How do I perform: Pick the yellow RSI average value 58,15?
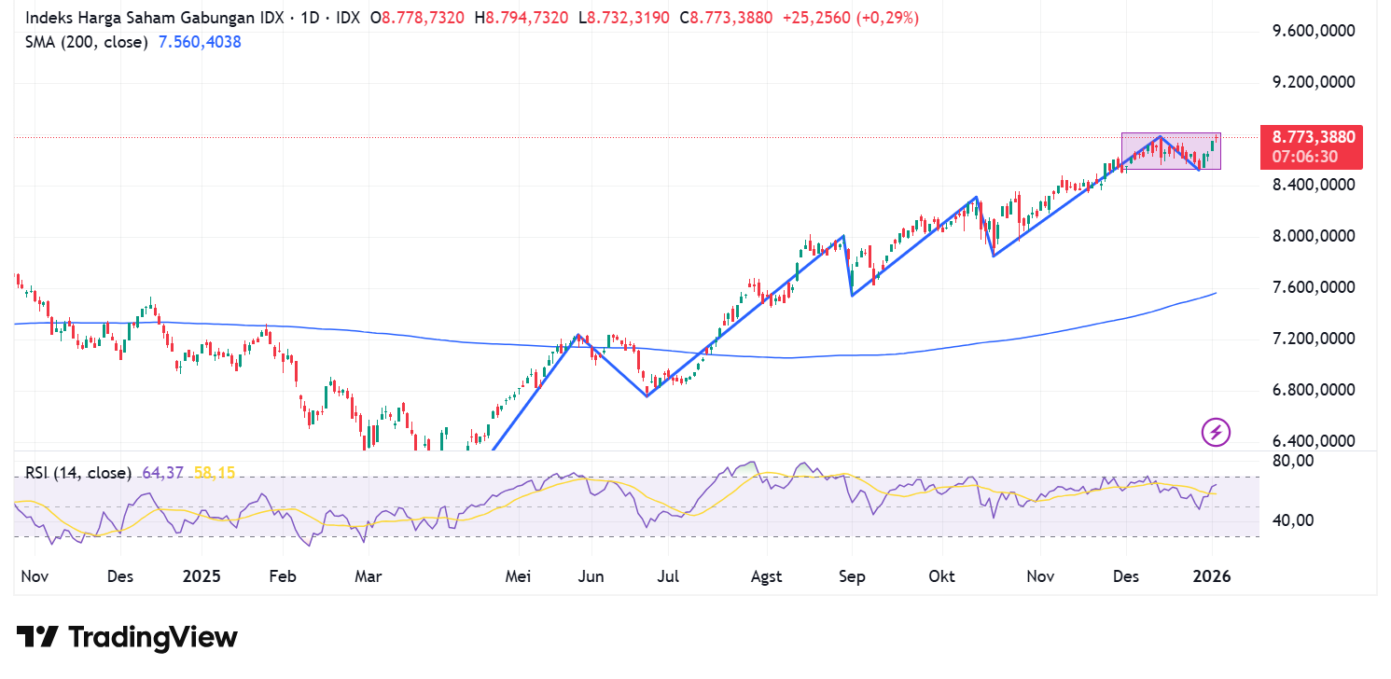pyautogui.click(x=215, y=473)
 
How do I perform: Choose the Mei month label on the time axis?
pyautogui.click(x=518, y=576)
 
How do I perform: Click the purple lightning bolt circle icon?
pyautogui.click(x=1216, y=432)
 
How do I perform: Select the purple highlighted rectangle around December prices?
pyautogui.click(x=1170, y=150)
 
